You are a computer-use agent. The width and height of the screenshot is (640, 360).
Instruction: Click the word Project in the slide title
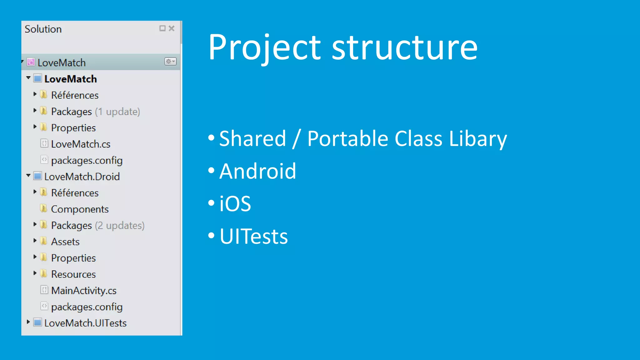coord(264,47)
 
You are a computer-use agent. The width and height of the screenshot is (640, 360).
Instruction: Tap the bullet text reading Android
coord(257,171)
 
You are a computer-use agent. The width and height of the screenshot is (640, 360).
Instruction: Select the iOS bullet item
coord(235,204)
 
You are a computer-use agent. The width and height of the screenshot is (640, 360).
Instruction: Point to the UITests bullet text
coord(253,237)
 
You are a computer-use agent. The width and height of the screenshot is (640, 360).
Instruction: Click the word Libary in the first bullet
coord(478,139)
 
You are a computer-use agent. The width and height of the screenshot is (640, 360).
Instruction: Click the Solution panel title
coord(43,29)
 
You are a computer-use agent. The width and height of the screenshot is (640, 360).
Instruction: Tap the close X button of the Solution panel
coord(172,28)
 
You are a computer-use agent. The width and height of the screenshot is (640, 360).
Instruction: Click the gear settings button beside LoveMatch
coord(170,62)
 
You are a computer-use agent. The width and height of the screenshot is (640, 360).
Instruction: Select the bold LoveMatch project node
coord(71,79)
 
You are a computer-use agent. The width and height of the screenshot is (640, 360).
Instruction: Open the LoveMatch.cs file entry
coord(81,144)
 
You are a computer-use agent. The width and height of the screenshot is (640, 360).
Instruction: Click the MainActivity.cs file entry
coord(84,291)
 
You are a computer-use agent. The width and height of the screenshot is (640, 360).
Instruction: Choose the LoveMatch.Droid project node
coord(82,177)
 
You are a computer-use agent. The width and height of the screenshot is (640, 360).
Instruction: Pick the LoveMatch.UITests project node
coord(85,323)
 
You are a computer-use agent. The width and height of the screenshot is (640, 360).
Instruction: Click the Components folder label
coord(80,209)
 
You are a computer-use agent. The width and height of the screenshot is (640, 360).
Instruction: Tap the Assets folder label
coord(65,242)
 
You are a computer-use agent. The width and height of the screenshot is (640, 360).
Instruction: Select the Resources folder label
coord(73,274)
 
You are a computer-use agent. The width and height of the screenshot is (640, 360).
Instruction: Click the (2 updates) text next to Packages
coord(120,225)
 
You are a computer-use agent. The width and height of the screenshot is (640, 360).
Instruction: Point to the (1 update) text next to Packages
coord(117,112)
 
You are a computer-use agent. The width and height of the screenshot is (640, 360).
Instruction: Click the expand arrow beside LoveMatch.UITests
coord(28,322)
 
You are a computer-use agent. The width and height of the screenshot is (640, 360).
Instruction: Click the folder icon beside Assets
coord(44,241)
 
